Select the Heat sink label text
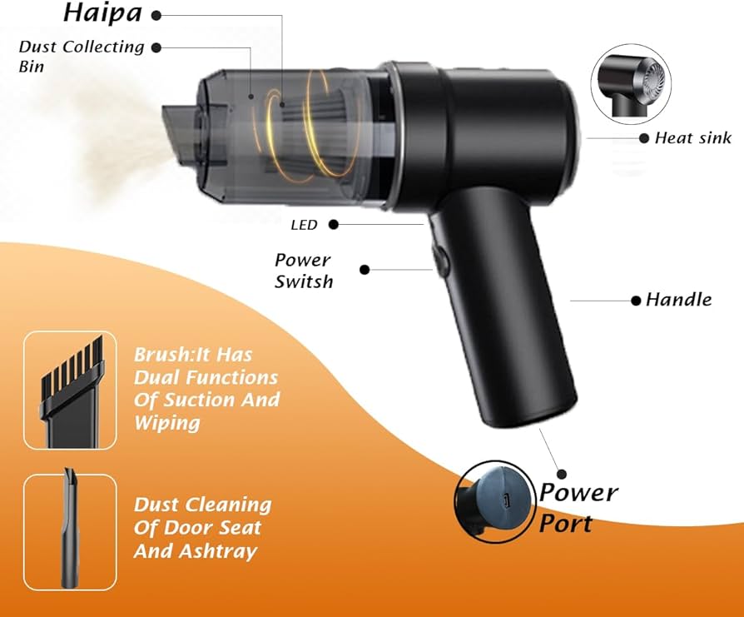[693, 138]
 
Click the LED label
[304, 225]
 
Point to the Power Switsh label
[304, 271]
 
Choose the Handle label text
[678, 300]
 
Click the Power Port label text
[578, 506]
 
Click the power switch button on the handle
[438, 259]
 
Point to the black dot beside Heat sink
[644, 138]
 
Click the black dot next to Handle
[637, 300]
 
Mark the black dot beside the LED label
[334, 225]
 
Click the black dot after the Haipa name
[156, 15]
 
